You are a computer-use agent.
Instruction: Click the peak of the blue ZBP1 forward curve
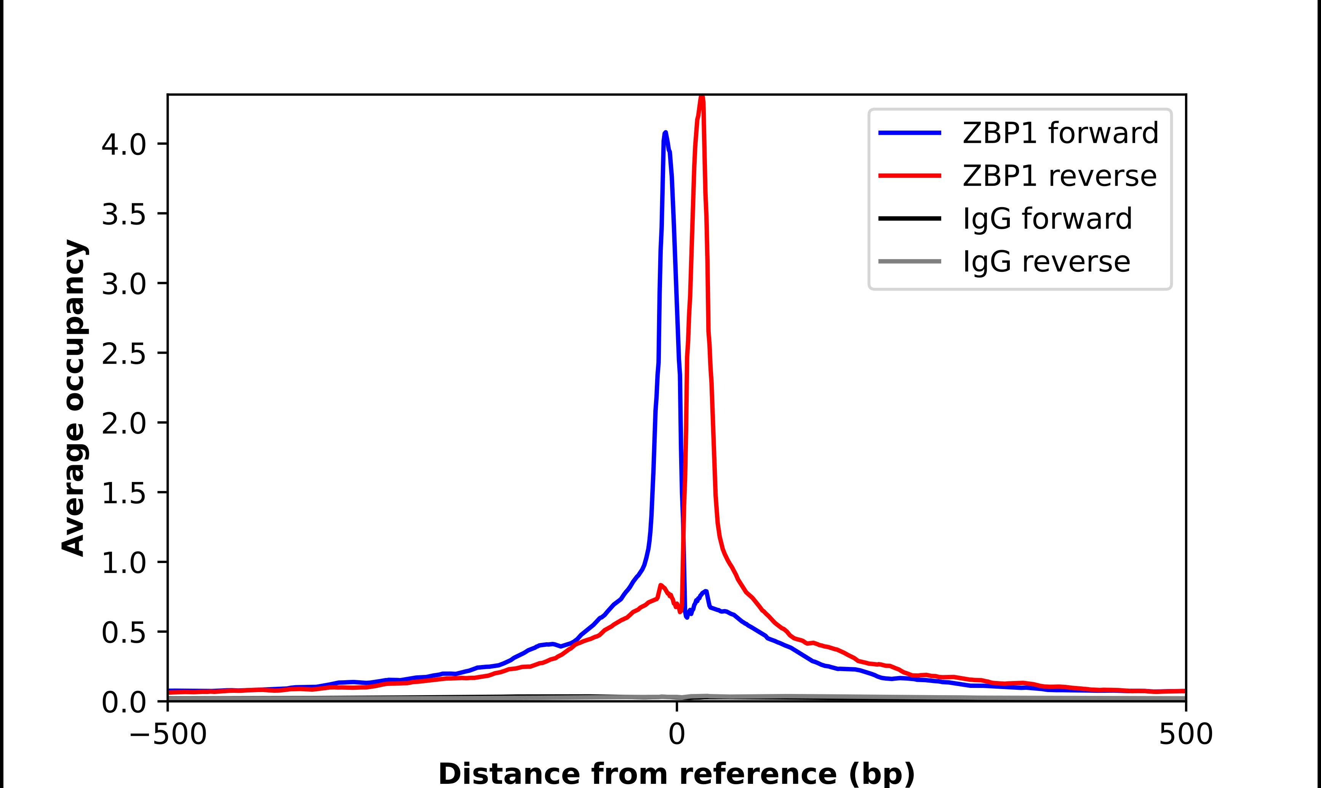pyautogui.click(x=665, y=133)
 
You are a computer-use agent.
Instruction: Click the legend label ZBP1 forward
pyautogui.click(x=1060, y=133)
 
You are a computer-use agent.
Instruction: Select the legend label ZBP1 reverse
pyautogui.click(x=1059, y=176)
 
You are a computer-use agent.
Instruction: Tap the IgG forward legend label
pyautogui.click(x=1047, y=219)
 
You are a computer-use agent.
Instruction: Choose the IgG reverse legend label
pyautogui.click(x=1046, y=262)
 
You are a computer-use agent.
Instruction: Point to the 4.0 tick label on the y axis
pyautogui.click(x=123, y=144)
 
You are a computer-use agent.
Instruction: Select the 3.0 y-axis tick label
pyautogui.click(x=123, y=284)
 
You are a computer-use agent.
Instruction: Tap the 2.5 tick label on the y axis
pyautogui.click(x=123, y=353)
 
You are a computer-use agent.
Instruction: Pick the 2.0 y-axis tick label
pyautogui.click(x=123, y=423)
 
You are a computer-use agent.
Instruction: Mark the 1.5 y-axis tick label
pyautogui.click(x=123, y=493)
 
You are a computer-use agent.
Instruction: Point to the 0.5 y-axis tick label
pyautogui.click(x=123, y=632)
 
